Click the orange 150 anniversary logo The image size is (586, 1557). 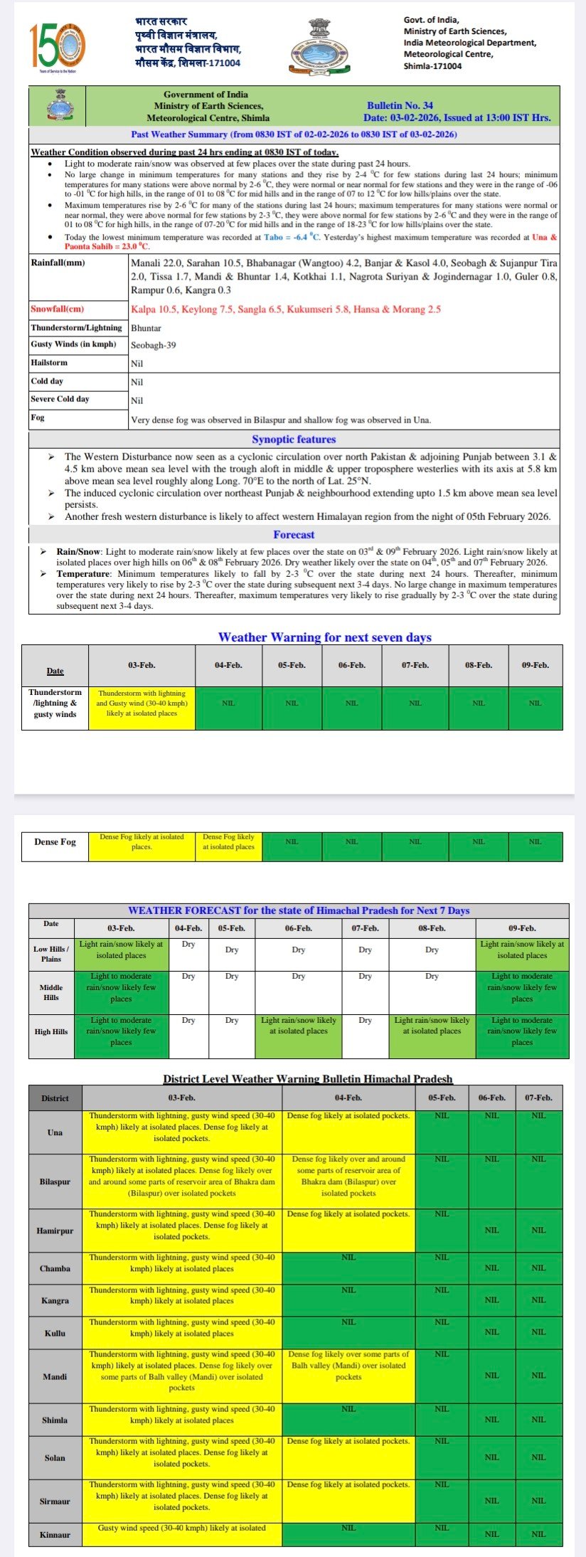tap(58, 46)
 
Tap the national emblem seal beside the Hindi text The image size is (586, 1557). tap(319, 46)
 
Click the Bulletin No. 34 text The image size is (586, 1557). tap(400, 105)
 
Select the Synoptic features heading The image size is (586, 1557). tap(294, 440)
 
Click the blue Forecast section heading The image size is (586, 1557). tap(294, 535)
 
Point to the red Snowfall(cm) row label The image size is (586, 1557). tap(58, 309)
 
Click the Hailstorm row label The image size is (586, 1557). tap(50, 363)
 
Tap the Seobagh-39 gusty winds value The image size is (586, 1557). tap(154, 345)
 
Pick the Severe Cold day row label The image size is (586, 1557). tap(60, 399)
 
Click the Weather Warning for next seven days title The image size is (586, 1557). tap(324, 637)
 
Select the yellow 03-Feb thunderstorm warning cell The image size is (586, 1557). tap(142, 703)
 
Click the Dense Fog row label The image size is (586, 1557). tap(55, 842)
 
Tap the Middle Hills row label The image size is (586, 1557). tap(51, 992)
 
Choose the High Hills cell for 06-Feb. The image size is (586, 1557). tap(298, 1026)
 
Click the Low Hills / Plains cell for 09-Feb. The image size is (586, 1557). tap(521, 950)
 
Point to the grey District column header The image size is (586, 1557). tap(55, 1098)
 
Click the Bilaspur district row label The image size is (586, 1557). tap(55, 1181)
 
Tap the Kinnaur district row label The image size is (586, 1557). tap(55, 1535)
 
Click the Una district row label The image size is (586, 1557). tap(55, 1132)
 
